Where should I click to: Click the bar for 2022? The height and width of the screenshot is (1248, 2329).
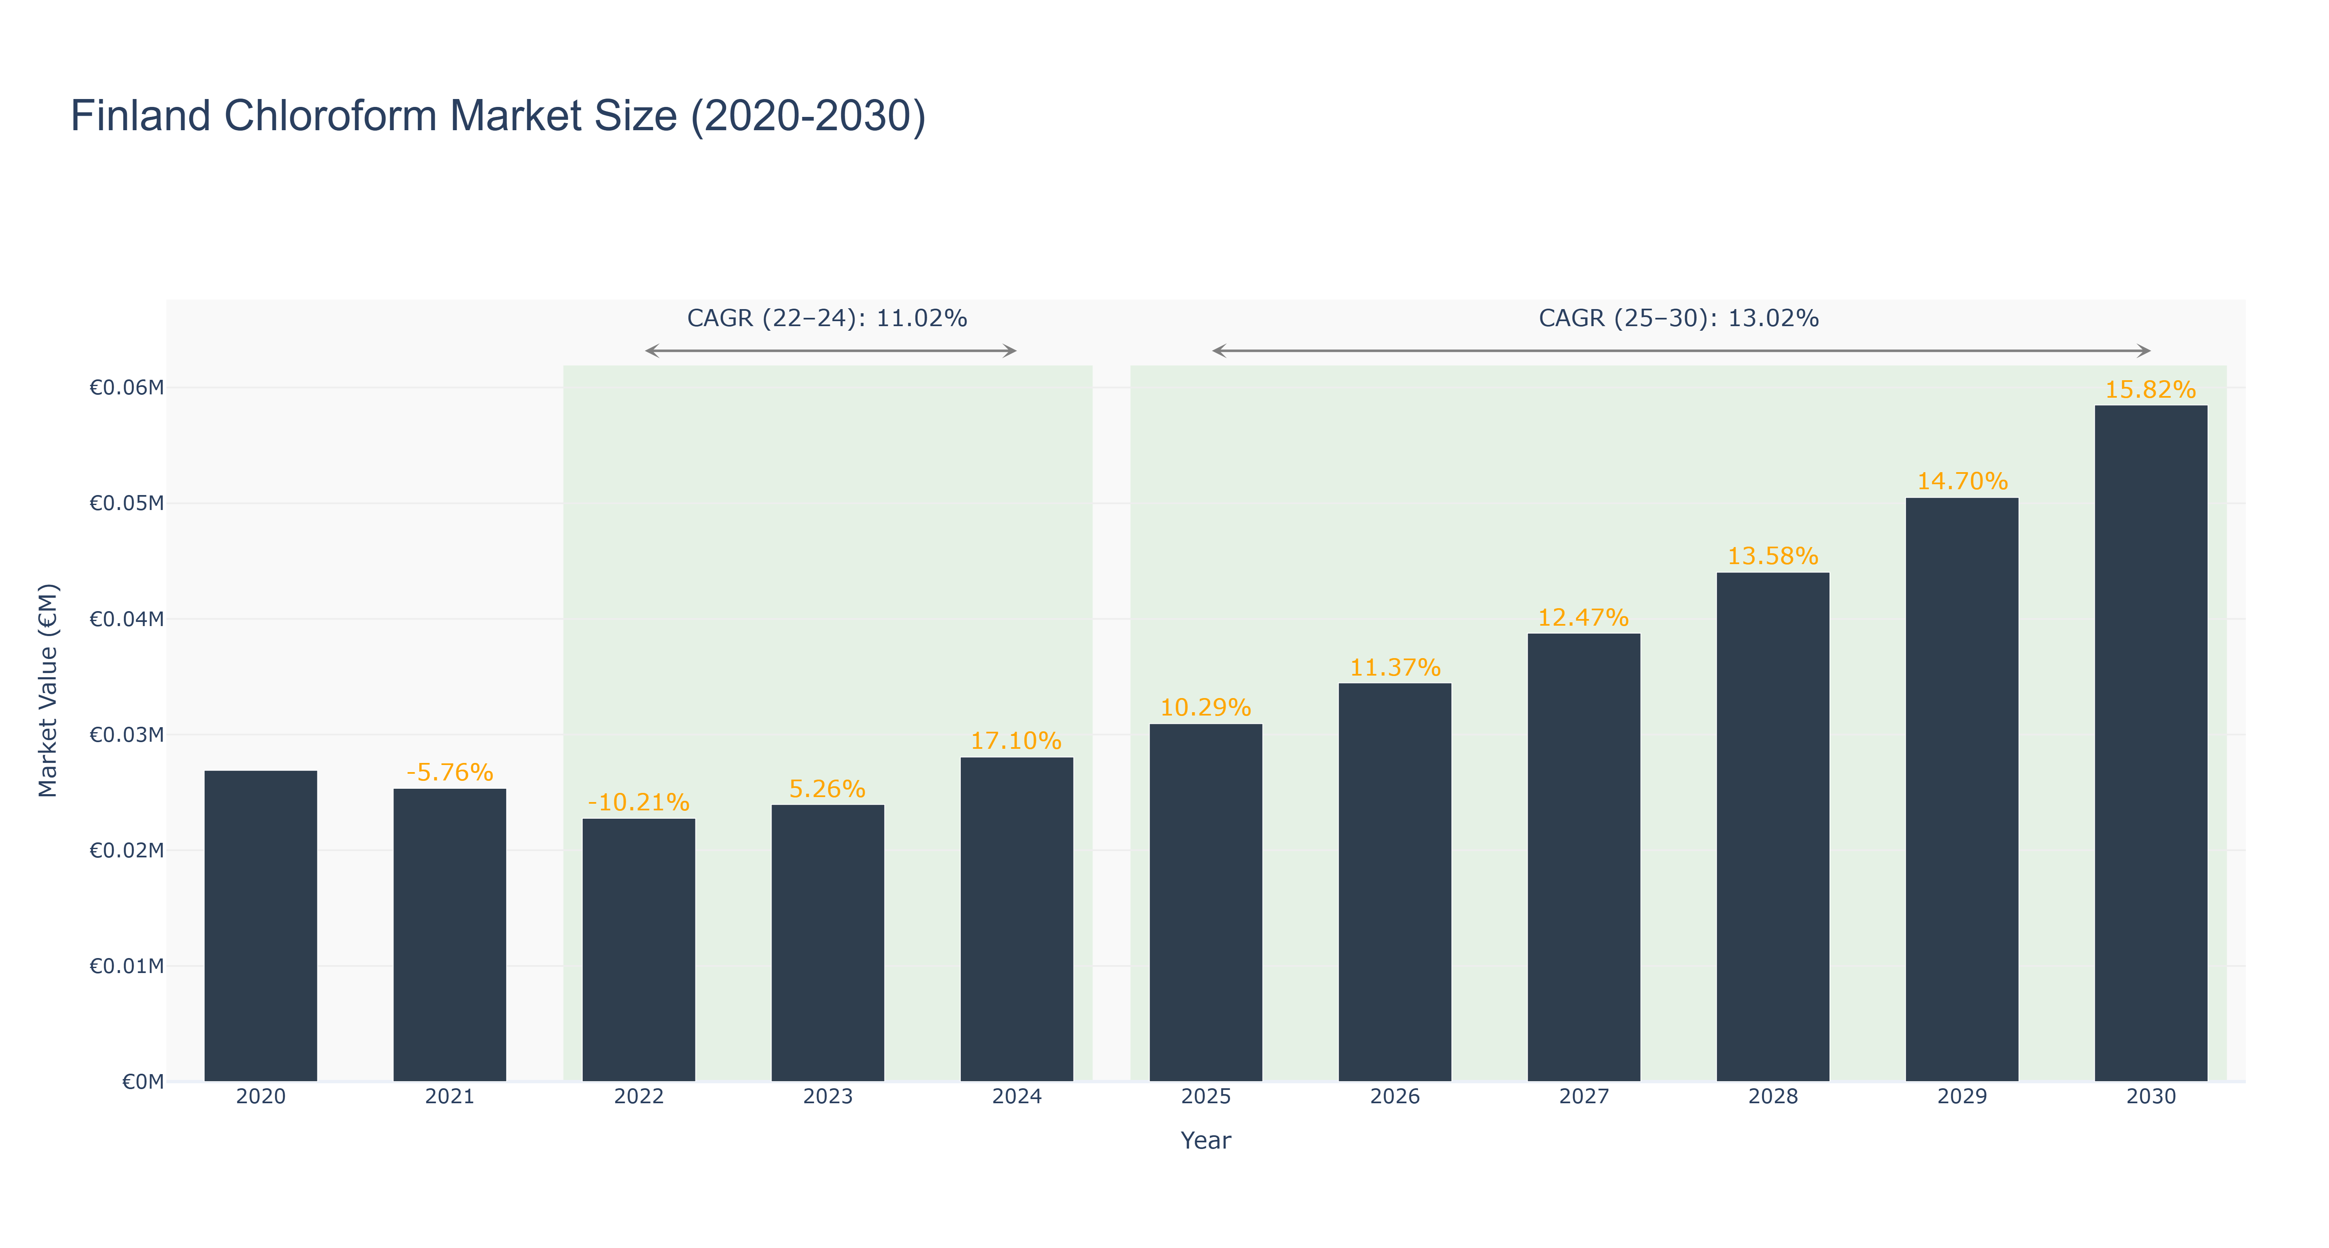point(638,950)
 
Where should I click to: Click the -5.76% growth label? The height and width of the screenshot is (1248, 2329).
point(449,773)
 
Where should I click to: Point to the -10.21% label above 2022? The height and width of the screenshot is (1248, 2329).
point(638,802)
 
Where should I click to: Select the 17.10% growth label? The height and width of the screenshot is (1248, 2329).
point(1016,740)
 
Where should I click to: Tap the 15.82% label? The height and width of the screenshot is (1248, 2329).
point(2151,390)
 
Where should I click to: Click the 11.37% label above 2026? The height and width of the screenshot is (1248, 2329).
point(1395,667)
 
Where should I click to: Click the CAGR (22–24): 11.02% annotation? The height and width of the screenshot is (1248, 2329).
point(827,318)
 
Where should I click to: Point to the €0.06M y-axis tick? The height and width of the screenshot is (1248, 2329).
point(126,388)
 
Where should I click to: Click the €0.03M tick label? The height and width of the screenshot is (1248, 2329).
point(126,734)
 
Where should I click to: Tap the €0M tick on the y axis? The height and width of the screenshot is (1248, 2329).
point(143,1082)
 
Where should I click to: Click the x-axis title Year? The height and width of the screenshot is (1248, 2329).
point(1206,1140)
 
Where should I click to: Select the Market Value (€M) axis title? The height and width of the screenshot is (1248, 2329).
point(48,690)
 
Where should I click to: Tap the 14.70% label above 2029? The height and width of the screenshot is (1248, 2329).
point(1962,481)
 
